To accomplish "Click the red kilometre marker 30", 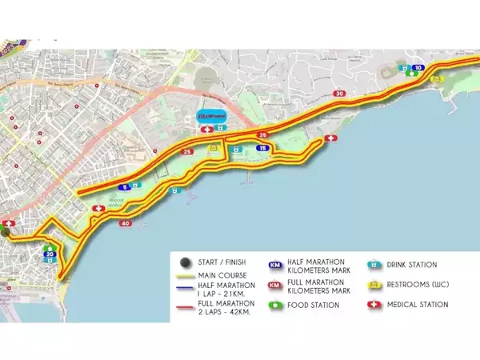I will [341, 94].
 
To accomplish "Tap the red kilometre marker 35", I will [264, 135].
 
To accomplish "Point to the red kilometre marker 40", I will [126, 223].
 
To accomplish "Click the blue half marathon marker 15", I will [262, 149].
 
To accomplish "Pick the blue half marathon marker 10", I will [418, 68].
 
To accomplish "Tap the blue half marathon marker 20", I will [50, 255].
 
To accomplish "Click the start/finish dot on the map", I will [4, 232].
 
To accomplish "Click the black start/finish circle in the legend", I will [186, 262].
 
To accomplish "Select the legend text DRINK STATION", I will [412, 265].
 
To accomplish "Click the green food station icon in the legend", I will [275, 305].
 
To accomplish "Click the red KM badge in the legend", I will [275, 285].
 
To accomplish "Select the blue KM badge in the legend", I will [275, 265].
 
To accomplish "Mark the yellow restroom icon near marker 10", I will [437, 78].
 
